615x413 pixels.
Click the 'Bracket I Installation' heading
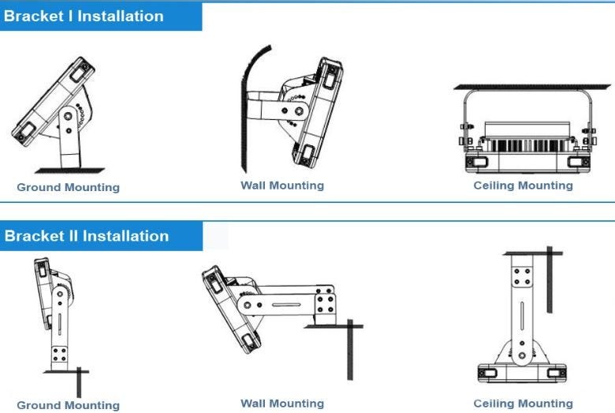tap(84, 16)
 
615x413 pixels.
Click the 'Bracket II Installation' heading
tap(86, 235)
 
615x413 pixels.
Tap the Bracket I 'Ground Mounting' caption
tap(69, 187)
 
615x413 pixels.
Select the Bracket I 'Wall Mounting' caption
tap(282, 186)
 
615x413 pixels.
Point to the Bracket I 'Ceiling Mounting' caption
tap(523, 186)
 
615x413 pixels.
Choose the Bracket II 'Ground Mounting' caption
tap(69, 405)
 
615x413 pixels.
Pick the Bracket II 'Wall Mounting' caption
tap(282, 404)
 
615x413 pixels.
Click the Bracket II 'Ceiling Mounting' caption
tap(523, 404)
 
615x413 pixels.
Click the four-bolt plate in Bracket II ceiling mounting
tap(522, 276)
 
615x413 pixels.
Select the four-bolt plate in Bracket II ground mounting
tap(59, 353)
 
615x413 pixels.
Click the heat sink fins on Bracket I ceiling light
tap(523, 145)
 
